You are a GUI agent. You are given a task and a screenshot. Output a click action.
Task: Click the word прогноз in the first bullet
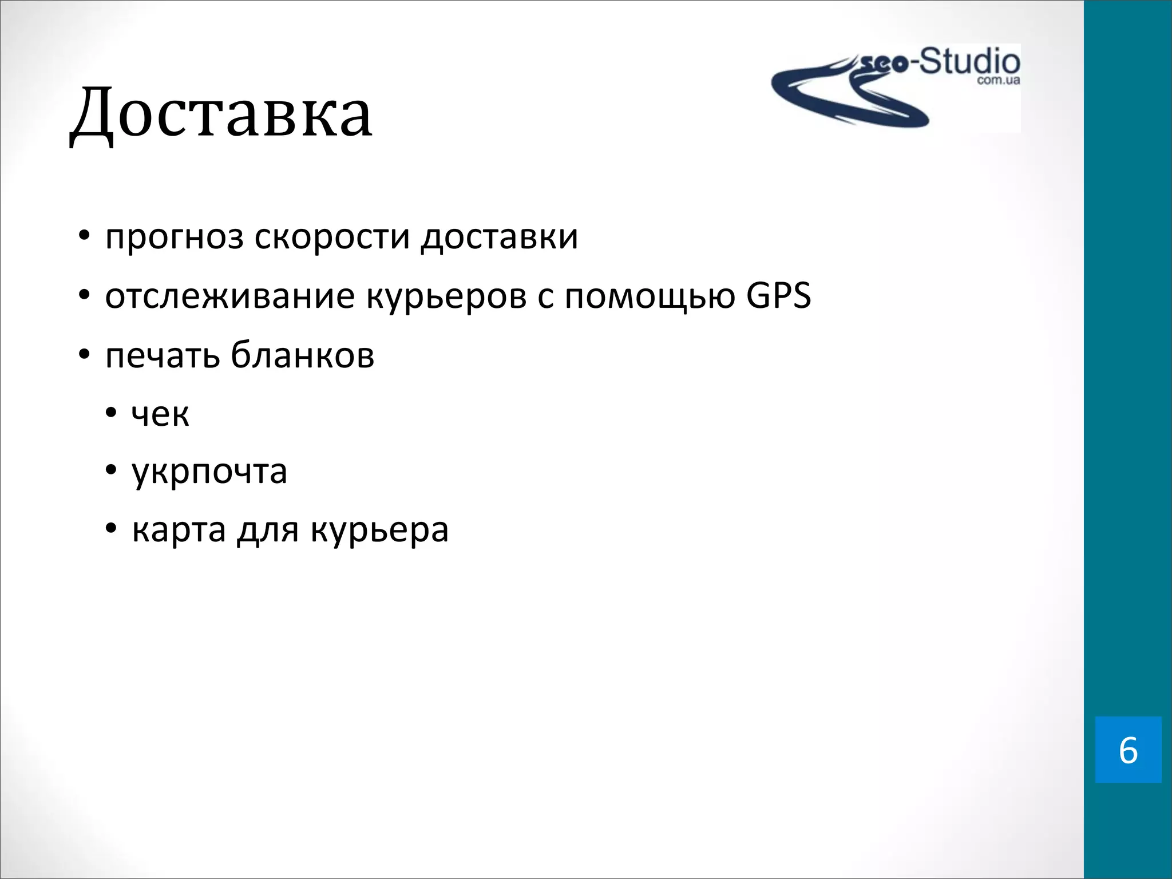(174, 237)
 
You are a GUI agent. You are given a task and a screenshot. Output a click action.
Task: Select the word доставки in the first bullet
(499, 237)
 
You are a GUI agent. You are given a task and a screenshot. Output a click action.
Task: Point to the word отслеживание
(229, 296)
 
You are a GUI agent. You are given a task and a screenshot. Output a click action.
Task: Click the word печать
(163, 355)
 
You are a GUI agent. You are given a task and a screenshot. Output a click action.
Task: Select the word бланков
(303, 355)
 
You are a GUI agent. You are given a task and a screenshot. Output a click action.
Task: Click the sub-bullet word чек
(160, 414)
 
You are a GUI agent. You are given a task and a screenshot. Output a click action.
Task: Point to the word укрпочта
(209, 473)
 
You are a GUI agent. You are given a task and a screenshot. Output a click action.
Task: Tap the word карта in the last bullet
(179, 530)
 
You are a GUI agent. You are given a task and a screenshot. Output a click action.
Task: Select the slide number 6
(1128, 750)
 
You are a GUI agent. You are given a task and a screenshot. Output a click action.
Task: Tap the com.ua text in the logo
(998, 81)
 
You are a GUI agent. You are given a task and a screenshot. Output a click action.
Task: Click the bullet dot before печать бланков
(85, 355)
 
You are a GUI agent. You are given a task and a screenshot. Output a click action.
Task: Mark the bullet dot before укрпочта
(111, 472)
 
